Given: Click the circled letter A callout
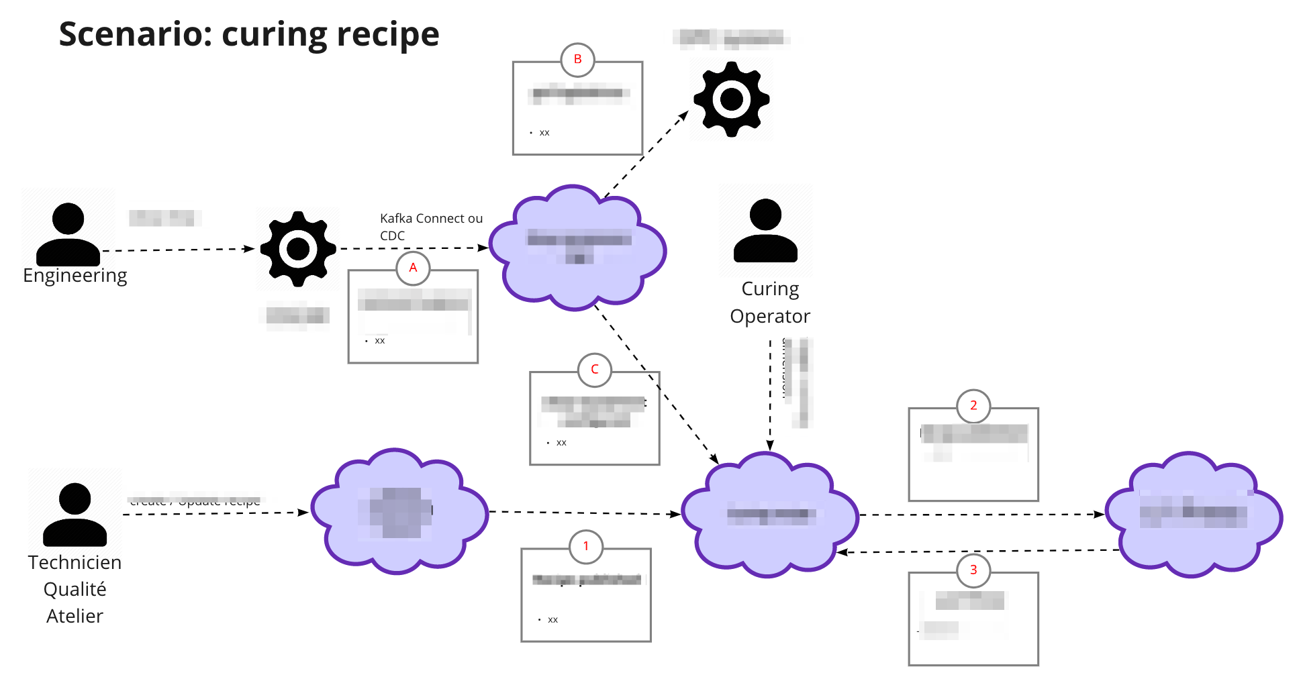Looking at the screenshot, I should click(413, 268).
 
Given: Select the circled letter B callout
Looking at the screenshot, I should click(577, 60).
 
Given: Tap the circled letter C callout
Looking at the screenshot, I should click(594, 370).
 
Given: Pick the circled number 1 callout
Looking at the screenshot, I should click(585, 546).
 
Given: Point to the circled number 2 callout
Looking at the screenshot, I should click(973, 406).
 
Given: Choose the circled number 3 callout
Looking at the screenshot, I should click(973, 570).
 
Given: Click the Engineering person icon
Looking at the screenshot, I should click(68, 234).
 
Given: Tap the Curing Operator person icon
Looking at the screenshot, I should click(765, 230).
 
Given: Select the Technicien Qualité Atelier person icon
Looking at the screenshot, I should click(75, 514).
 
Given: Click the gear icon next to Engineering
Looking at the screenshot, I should click(298, 249).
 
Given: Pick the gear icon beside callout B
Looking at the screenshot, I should click(731, 99).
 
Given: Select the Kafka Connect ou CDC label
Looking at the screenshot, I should click(430, 227).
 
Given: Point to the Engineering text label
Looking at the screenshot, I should click(75, 276).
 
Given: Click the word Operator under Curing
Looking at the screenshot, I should click(770, 316).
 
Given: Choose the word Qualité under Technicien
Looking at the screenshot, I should click(75, 589).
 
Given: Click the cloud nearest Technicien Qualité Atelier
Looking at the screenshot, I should click(399, 511).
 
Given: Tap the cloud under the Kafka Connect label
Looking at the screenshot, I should click(577, 248).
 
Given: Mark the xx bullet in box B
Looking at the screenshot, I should click(544, 133).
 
